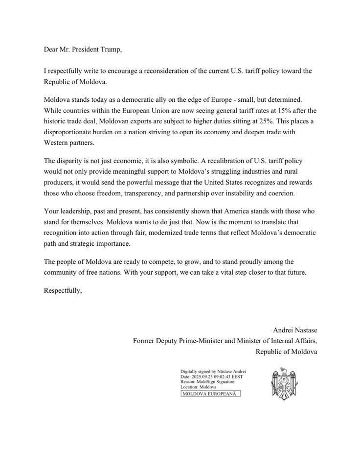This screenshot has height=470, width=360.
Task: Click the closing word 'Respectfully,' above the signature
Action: tap(63, 290)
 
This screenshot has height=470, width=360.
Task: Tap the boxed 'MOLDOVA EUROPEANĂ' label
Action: tap(211, 393)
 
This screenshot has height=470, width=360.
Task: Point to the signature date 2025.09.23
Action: tap(205, 377)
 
